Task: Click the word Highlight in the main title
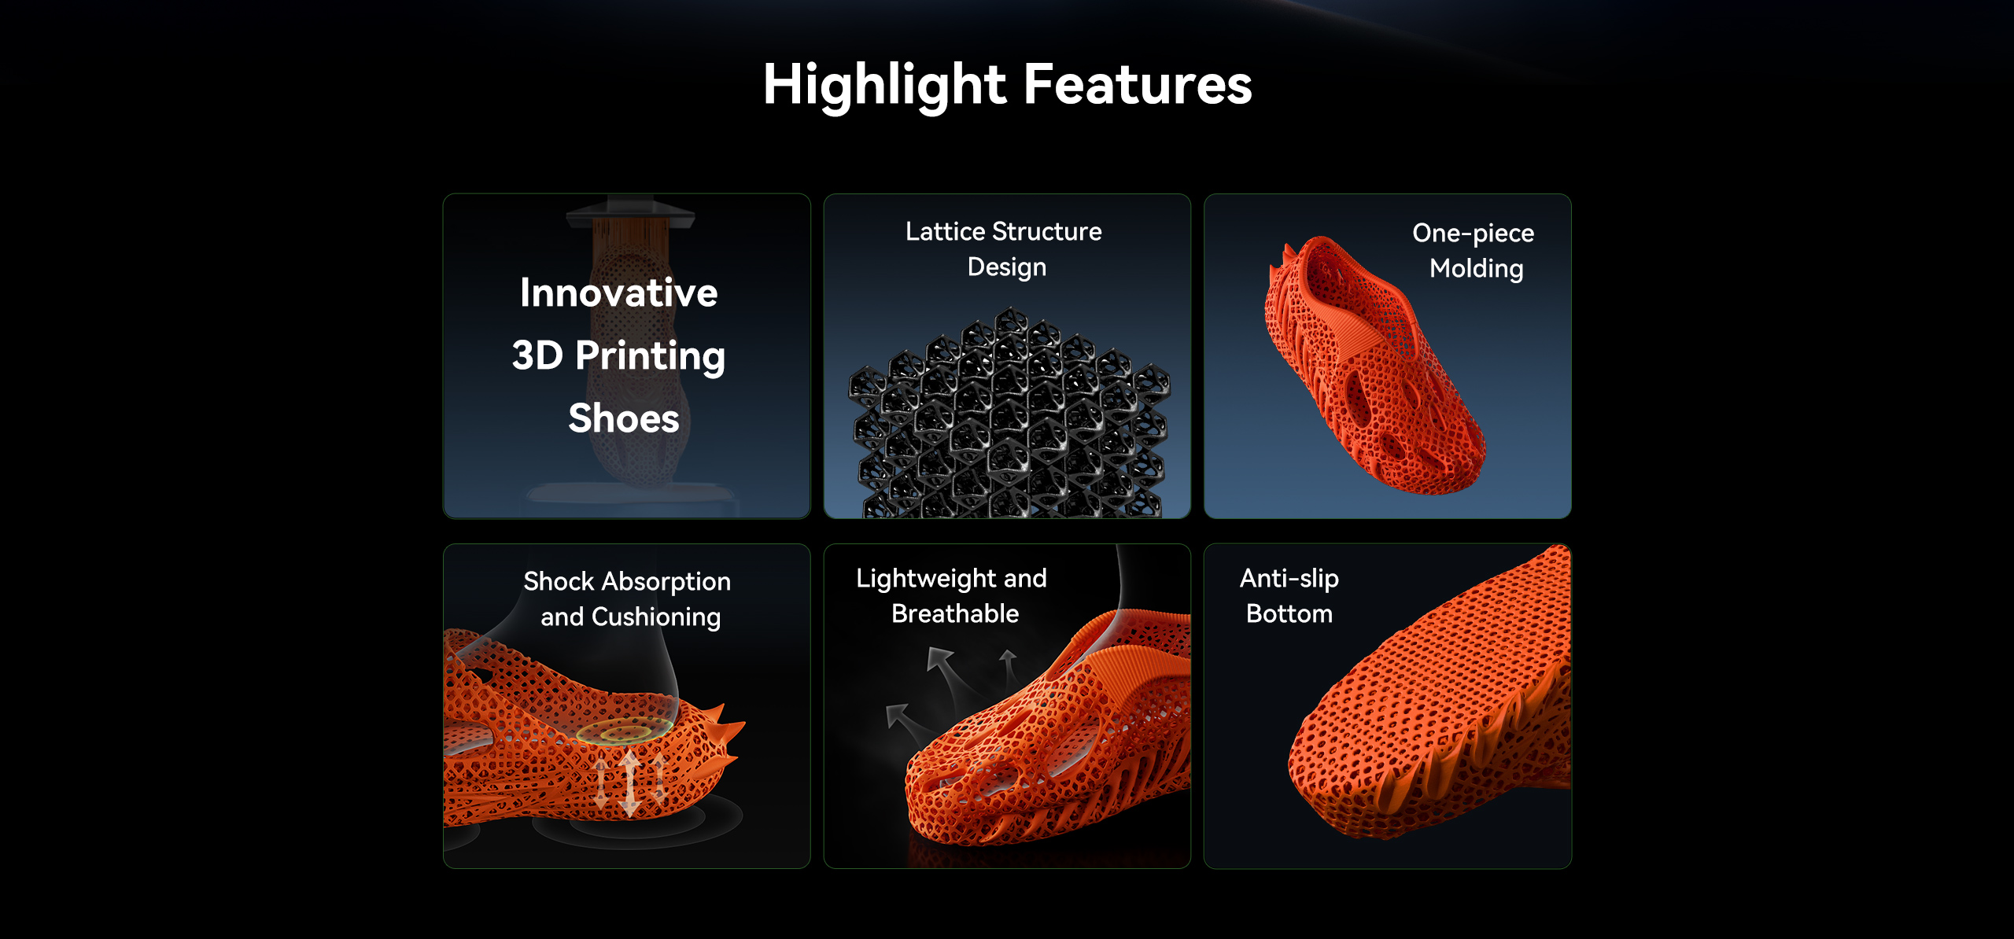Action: point(884,85)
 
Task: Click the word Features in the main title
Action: point(1138,85)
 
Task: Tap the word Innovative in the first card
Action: point(618,293)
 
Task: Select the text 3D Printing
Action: point(618,355)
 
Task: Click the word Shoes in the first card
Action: point(623,418)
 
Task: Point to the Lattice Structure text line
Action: point(1003,231)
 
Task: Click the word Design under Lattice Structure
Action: point(1006,267)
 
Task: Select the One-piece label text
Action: point(1473,233)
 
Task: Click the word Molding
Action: point(1476,269)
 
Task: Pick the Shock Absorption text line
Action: point(627,581)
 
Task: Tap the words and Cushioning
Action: point(630,617)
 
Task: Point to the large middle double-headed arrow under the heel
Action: point(629,783)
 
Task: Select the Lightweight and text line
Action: point(951,578)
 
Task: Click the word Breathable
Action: point(955,613)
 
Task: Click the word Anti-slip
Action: point(1289,578)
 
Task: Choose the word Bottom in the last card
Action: point(1289,613)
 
